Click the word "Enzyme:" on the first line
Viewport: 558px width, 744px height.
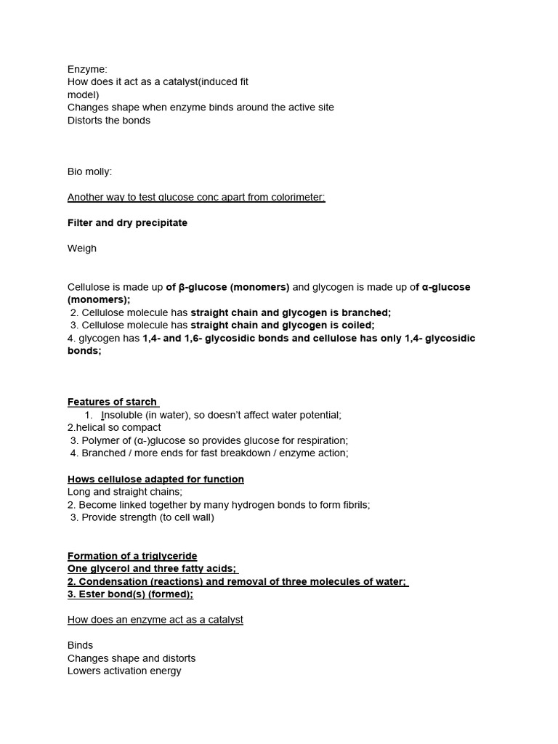87,69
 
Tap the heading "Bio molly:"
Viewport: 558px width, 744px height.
90,171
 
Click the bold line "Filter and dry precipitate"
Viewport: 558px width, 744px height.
127,223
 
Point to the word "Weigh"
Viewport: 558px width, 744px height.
82,248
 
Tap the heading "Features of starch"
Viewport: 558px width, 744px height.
112,402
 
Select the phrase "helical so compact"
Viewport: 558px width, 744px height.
116,428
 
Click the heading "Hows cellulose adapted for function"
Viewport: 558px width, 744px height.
155,480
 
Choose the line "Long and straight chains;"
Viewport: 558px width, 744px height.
125,492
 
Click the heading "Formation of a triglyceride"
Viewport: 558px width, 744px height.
132,557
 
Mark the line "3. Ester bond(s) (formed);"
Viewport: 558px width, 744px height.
130,594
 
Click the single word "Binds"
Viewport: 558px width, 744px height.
81,645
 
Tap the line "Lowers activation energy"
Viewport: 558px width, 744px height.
124,671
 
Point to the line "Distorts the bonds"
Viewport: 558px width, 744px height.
109,120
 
